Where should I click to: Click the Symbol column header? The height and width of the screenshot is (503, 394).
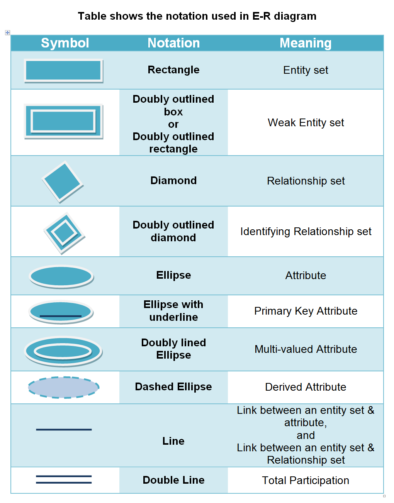[x=65, y=43]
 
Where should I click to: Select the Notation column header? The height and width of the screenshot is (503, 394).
[x=173, y=43]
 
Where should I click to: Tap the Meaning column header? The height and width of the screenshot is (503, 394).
[x=305, y=43]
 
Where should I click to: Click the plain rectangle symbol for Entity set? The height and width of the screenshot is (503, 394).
[x=63, y=70]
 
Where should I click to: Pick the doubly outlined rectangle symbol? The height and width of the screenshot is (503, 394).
[x=63, y=121]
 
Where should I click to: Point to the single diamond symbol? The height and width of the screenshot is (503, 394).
[x=63, y=181]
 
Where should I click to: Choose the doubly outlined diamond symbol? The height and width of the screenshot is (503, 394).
[x=64, y=233]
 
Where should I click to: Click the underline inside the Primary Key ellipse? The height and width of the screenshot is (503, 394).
[x=61, y=316]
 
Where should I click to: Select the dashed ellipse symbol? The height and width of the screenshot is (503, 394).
[x=63, y=387]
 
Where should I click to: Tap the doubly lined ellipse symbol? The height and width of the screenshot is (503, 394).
[x=63, y=351]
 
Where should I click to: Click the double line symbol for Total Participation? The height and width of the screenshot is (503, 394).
[x=64, y=479]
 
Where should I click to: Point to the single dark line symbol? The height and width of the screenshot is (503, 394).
[x=64, y=429]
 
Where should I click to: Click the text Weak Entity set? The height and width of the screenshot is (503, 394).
[x=306, y=123]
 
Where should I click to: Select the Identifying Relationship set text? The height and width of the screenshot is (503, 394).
[x=306, y=232]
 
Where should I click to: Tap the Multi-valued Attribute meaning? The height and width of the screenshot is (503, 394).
[x=306, y=349]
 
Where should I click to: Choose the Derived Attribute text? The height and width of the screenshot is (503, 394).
[x=306, y=387]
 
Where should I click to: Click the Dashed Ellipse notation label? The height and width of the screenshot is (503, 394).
[x=173, y=387]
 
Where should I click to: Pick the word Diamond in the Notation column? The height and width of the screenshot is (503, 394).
[x=173, y=181]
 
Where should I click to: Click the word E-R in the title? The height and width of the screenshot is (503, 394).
[x=262, y=16]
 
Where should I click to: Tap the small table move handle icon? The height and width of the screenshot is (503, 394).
[x=7, y=33]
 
